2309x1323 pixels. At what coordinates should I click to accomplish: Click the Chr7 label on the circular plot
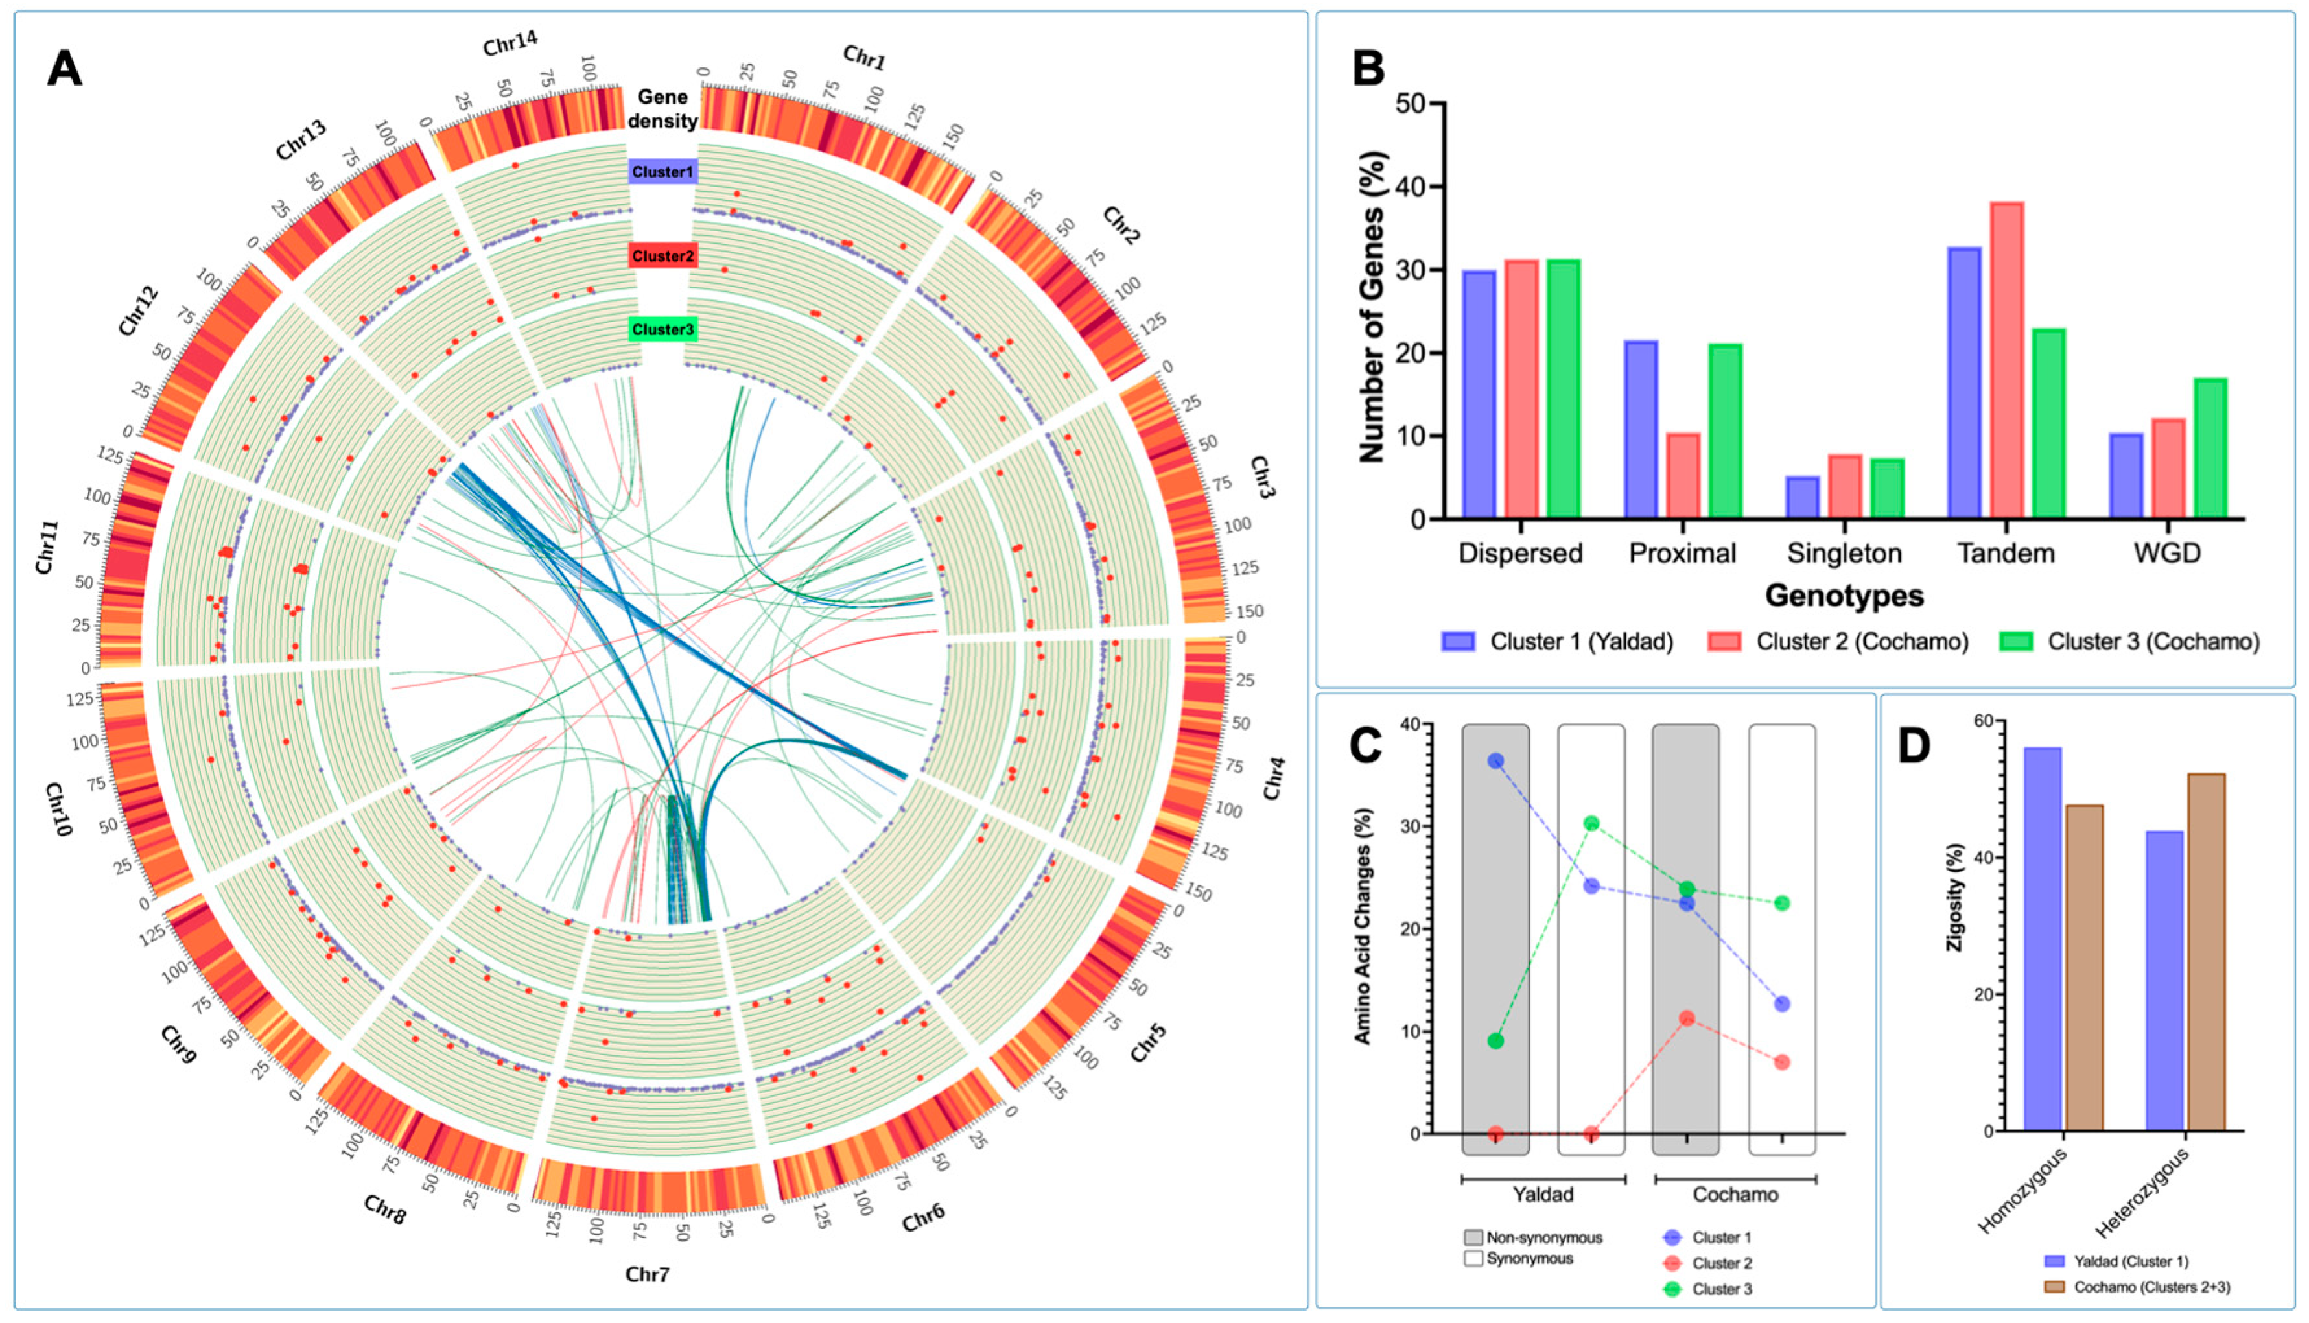point(647,1274)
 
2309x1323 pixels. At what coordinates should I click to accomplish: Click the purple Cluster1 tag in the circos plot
point(662,172)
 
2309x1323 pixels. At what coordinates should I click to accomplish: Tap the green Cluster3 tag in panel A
point(662,329)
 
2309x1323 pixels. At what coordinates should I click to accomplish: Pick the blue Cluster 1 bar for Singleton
point(1803,497)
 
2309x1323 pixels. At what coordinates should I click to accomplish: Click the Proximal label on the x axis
point(1682,554)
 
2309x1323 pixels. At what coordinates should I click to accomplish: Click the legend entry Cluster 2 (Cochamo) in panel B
point(1861,642)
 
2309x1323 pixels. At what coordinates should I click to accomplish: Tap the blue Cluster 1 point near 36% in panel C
point(1495,760)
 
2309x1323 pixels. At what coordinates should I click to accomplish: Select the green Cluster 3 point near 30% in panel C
point(1591,823)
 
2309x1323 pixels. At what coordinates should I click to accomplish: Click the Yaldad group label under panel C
point(1542,1194)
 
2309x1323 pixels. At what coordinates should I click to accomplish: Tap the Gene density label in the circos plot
point(662,109)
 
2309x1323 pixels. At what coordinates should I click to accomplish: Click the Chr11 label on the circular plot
point(47,547)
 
